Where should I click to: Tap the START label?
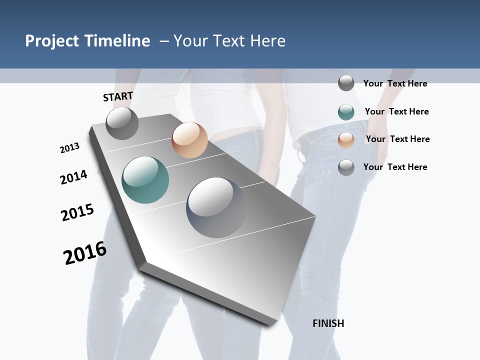click(118, 96)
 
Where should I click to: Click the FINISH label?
click(328, 323)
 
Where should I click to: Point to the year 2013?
click(69, 148)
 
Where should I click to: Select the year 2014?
click(73, 177)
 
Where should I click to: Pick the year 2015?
click(77, 212)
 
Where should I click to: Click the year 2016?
click(85, 253)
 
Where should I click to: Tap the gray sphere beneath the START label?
click(122, 123)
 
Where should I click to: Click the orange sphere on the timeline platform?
click(189, 140)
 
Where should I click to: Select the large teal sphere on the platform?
click(145, 180)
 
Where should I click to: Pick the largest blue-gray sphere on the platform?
click(216, 207)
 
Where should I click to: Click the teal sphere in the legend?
click(346, 112)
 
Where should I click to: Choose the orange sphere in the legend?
click(346, 140)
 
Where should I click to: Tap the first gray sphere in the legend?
click(346, 83)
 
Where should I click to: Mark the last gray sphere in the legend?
click(346, 167)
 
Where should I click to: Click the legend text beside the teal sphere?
click(396, 111)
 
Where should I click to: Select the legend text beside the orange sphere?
click(397, 139)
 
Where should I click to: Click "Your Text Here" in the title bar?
click(229, 41)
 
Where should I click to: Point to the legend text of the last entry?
click(395, 167)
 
